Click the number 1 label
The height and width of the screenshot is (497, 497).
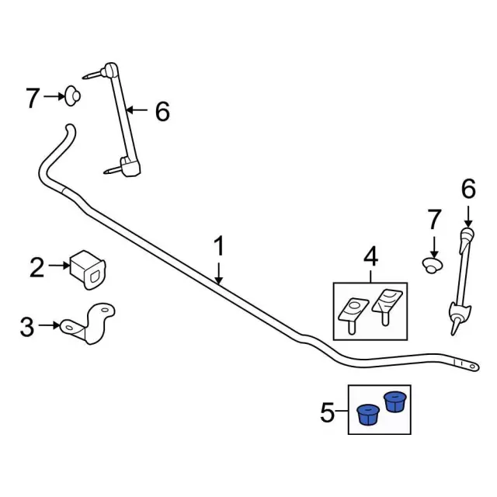[219, 247]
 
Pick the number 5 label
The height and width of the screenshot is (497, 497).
[327, 412]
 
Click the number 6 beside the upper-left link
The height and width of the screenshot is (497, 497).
[162, 113]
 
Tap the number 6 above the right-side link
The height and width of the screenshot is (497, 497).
[467, 188]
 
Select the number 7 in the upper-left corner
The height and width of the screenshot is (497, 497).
[32, 98]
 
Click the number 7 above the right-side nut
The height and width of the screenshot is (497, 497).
[434, 220]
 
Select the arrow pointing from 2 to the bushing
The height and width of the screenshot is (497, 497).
[59, 266]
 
